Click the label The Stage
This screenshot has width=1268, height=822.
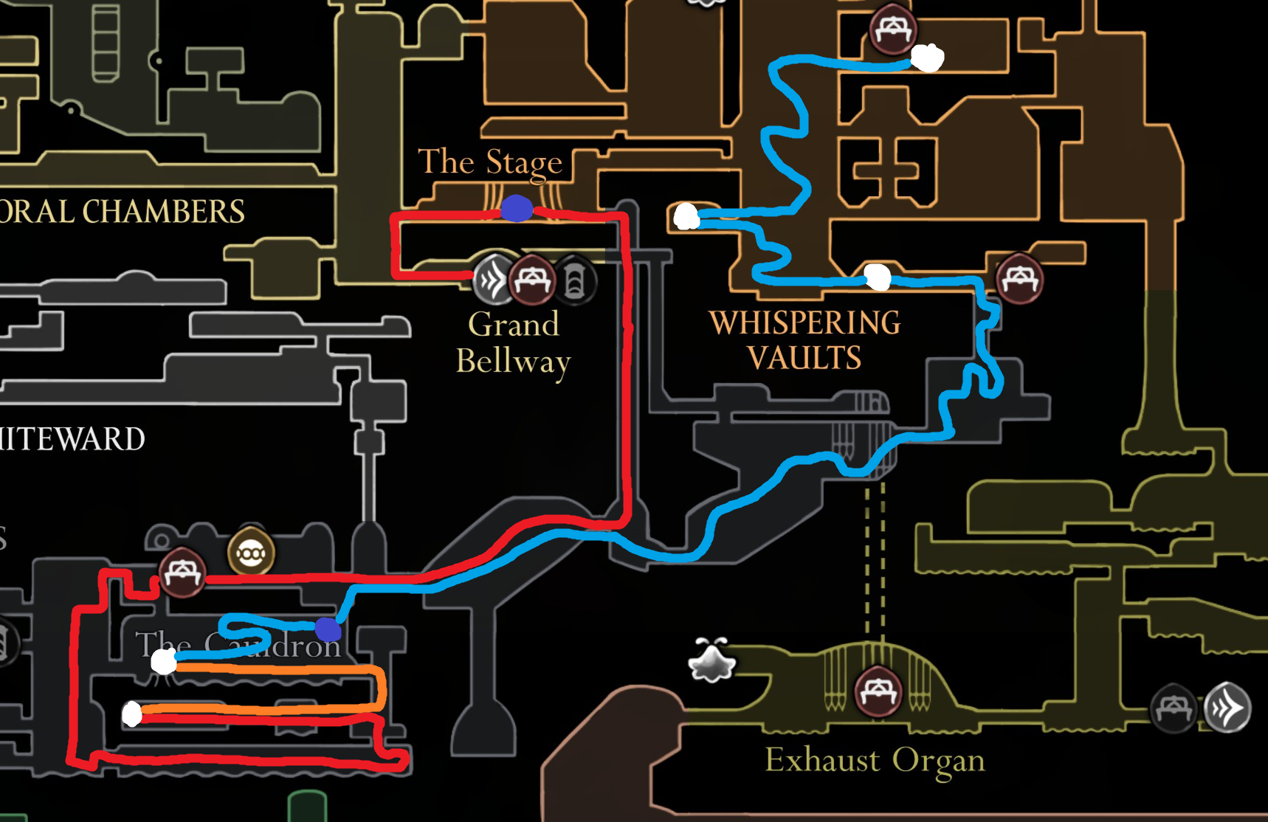point(490,162)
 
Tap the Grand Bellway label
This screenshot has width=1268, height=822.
point(514,342)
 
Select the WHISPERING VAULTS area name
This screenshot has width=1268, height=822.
point(804,340)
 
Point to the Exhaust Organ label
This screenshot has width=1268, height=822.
point(875,760)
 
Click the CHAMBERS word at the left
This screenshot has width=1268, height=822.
point(163,212)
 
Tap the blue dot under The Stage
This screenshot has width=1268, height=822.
point(517,209)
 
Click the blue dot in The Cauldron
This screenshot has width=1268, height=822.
point(328,629)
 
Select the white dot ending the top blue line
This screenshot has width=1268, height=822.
point(927,57)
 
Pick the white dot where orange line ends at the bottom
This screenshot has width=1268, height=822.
point(132,714)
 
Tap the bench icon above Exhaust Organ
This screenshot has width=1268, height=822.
point(878,691)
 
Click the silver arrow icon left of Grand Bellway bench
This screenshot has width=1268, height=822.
point(492,280)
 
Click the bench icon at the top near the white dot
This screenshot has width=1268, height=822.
point(892,30)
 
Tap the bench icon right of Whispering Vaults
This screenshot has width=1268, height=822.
point(1019,278)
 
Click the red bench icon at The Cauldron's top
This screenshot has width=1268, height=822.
point(182,572)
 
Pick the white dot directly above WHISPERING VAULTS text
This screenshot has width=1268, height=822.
point(878,277)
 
